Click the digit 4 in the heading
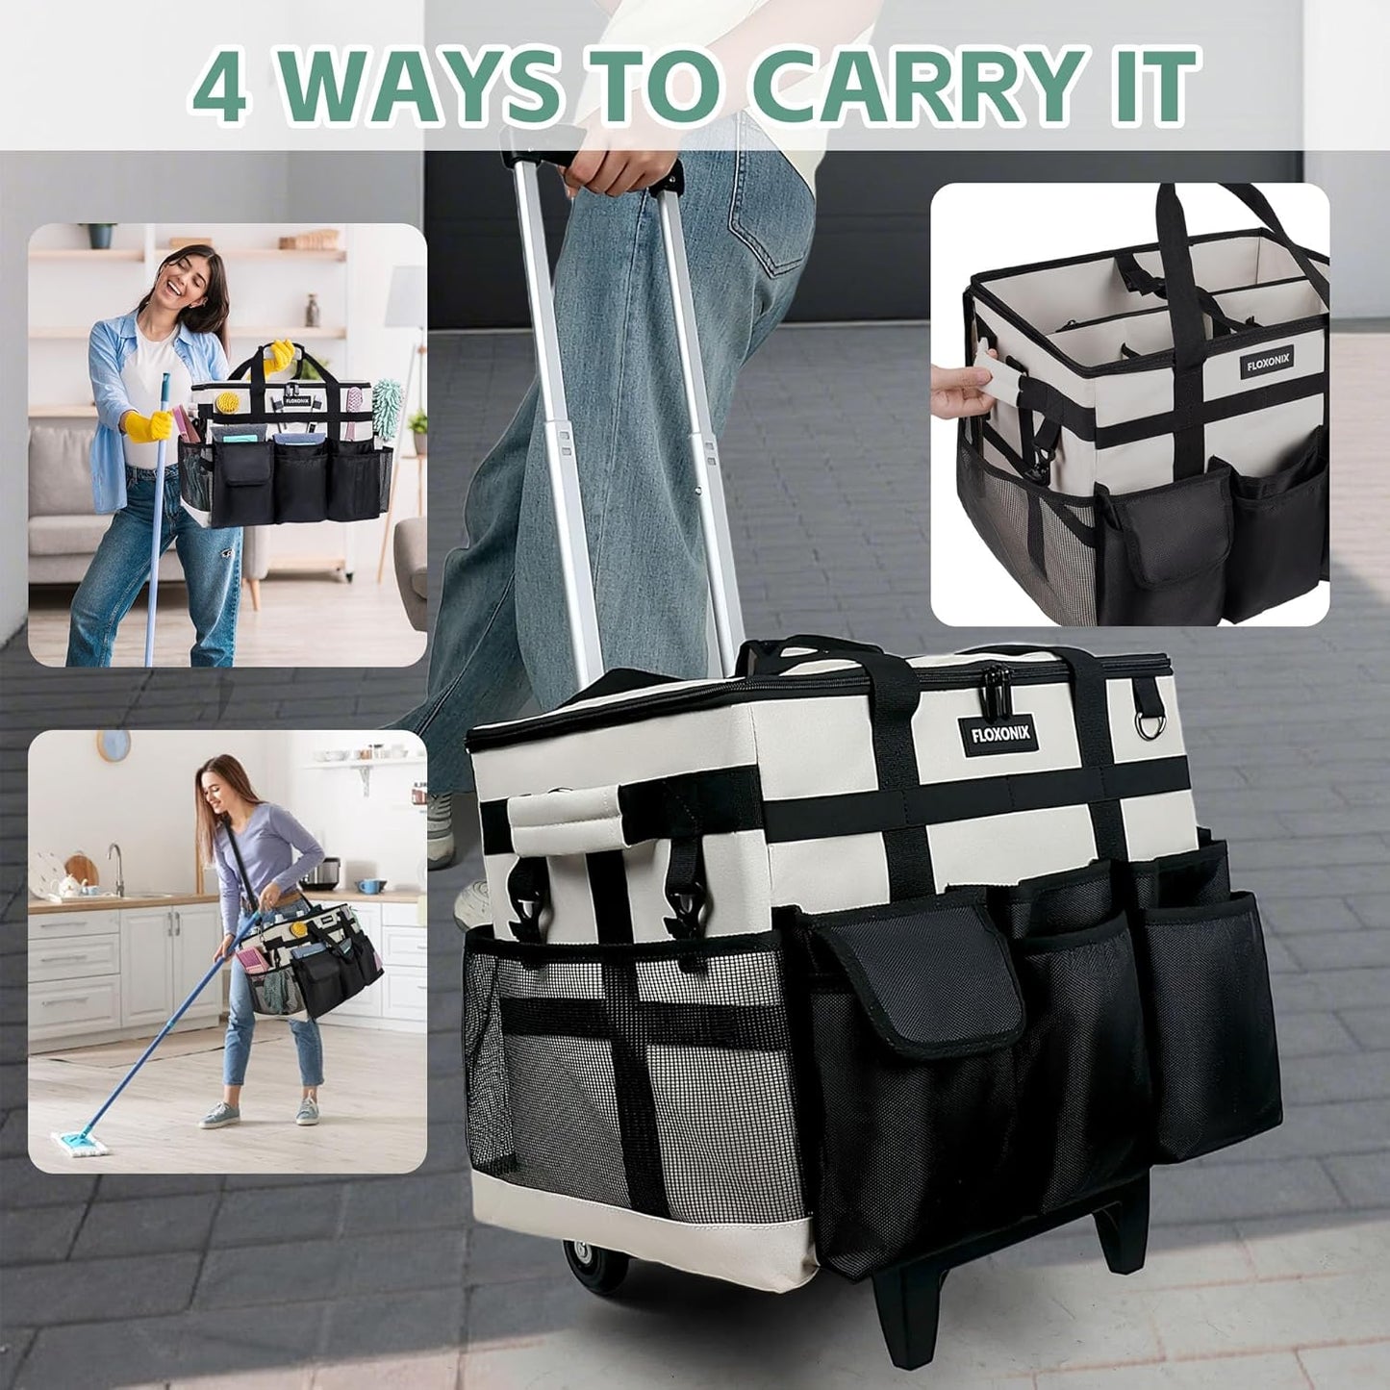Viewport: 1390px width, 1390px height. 218,88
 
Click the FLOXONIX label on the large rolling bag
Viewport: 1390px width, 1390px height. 999,733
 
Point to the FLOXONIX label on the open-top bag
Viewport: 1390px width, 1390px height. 1267,362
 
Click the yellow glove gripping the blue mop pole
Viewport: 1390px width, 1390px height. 147,424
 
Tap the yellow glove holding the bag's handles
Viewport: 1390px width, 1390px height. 279,356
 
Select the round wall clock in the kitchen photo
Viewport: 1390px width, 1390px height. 113,745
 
